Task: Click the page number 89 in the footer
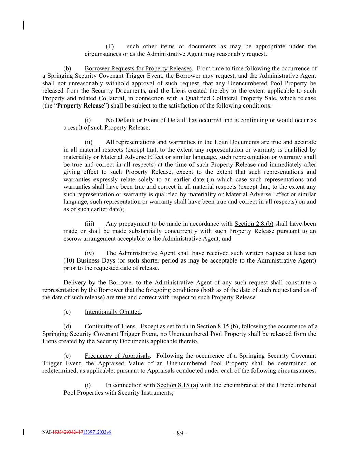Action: click(180, 434)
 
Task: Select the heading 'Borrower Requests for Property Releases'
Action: click(138, 68)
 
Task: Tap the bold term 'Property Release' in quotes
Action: click(80, 105)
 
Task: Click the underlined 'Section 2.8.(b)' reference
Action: click(254, 224)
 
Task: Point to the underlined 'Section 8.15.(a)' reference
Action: click(177, 385)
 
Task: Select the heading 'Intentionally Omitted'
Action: click(113, 312)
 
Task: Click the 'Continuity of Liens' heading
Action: click(110, 326)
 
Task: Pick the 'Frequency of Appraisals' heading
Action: click(117, 356)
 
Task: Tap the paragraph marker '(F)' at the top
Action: click(110, 46)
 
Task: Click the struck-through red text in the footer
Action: click(67, 432)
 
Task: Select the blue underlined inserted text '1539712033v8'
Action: click(97, 432)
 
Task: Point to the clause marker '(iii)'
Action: click(89, 224)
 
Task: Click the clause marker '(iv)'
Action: click(89, 253)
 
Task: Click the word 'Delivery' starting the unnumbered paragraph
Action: click(74, 283)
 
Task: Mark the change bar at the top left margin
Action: click(23, 25)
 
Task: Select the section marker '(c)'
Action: click(67, 312)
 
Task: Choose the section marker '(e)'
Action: click(67, 356)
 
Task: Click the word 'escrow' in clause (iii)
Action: click(72, 239)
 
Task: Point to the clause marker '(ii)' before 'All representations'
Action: click(89, 142)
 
